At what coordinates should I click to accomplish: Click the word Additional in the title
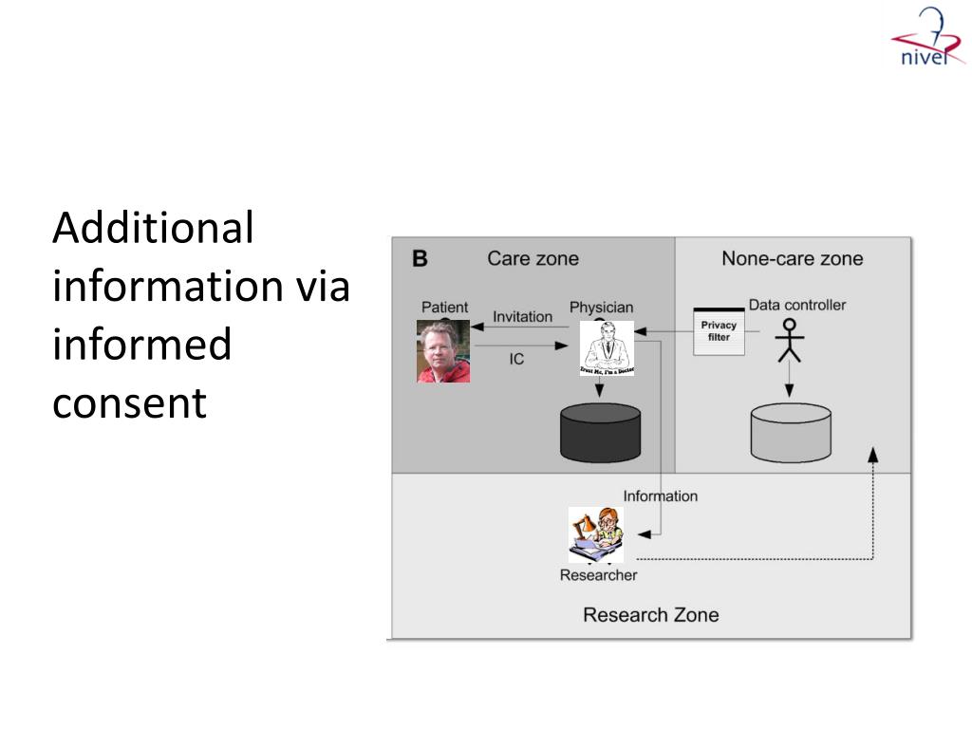pyautogui.click(x=153, y=228)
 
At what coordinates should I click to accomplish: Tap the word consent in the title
pyautogui.click(x=129, y=402)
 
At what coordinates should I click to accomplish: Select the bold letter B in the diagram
pyautogui.click(x=420, y=258)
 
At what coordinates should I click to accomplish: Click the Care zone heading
pyautogui.click(x=533, y=258)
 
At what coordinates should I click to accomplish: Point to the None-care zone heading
pyautogui.click(x=792, y=258)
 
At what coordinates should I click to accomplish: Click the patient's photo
pyautogui.click(x=443, y=351)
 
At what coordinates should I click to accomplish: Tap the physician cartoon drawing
pyautogui.click(x=607, y=348)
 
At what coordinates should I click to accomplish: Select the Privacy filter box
pyautogui.click(x=719, y=331)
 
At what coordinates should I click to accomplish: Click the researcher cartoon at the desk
pyautogui.click(x=596, y=534)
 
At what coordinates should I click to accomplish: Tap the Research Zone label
pyautogui.click(x=650, y=615)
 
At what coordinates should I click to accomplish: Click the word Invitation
pyautogui.click(x=522, y=316)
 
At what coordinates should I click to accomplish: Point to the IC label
pyautogui.click(x=516, y=360)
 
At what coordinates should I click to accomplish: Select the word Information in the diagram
pyautogui.click(x=660, y=495)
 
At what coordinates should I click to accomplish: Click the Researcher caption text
pyautogui.click(x=598, y=575)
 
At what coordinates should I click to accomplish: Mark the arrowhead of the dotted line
pyautogui.click(x=873, y=454)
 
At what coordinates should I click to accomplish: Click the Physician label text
pyautogui.click(x=601, y=308)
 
